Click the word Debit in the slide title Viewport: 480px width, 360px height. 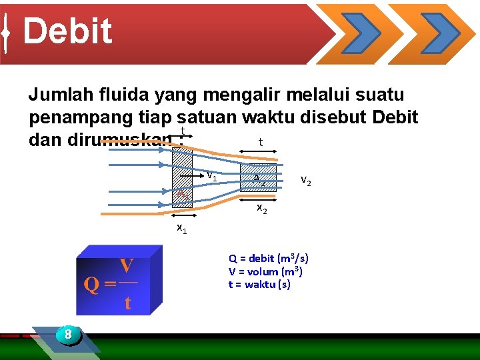coord(67,31)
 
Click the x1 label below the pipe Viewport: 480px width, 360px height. coord(181,229)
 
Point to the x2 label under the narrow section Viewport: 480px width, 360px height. coord(262,209)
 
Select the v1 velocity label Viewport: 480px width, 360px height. coord(211,177)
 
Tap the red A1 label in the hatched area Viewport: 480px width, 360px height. coord(181,192)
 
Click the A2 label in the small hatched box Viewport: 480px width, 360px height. coord(259,179)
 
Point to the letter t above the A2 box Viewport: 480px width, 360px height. coord(260,142)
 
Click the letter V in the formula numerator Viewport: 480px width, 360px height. coord(126,266)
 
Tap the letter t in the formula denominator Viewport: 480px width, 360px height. coord(127,303)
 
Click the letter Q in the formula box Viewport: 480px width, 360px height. coord(91,285)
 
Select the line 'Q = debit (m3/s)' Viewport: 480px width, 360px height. coord(268,258)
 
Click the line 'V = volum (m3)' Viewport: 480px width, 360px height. coord(265,271)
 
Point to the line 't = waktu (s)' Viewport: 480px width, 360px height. coord(259,285)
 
